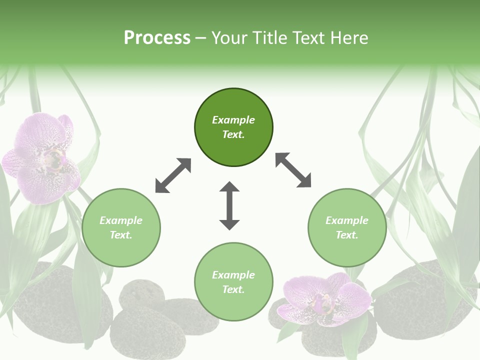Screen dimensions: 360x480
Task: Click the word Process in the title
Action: pyautogui.click(x=157, y=38)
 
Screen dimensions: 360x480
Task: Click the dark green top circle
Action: pyautogui.click(x=233, y=127)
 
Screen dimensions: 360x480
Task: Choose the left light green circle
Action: pyautogui.click(x=121, y=227)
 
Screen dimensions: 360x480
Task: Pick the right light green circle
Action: pyautogui.click(x=347, y=227)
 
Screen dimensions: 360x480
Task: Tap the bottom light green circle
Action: pyautogui.click(x=233, y=282)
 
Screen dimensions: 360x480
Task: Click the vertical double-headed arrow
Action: pyautogui.click(x=229, y=205)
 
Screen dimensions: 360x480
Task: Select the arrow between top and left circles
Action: pyautogui.click(x=173, y=175)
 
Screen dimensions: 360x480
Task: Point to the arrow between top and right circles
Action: pyautogui.click(x=293, y=170)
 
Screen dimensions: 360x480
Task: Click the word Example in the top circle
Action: pyautogui.click(x=233, y=120)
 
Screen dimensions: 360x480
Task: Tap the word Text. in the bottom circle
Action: pyautogui.click(x=233, y=289)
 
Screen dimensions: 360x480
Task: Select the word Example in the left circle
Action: pyautogui.click(x=121, y=220)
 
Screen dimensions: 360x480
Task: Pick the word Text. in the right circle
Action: pyautogui.click(x=347, y=235)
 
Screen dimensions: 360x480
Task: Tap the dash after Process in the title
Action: pyautogui.click(x=201, y=38)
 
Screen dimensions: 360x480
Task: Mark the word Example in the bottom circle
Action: pyautogui.click(x=233, y=275)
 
